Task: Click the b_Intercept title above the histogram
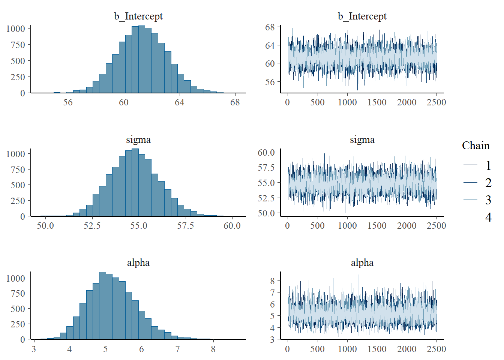138,16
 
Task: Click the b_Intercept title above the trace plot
362,16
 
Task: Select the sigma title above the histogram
138,139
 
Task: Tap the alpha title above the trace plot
362,262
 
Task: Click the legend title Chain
475,145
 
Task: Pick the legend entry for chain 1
488,165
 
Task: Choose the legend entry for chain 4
488,217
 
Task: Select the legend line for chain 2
470,183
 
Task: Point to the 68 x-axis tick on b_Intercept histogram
235,102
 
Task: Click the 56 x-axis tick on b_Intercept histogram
68,102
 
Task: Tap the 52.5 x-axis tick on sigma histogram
92,226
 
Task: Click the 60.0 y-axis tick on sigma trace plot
266,152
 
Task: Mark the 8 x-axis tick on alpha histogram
213,349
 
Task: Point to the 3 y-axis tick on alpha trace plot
272,339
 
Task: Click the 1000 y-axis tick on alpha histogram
16,278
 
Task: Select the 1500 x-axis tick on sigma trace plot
377,226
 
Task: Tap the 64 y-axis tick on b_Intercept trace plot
270,46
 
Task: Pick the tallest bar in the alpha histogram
102,306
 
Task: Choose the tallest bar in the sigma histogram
135,183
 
